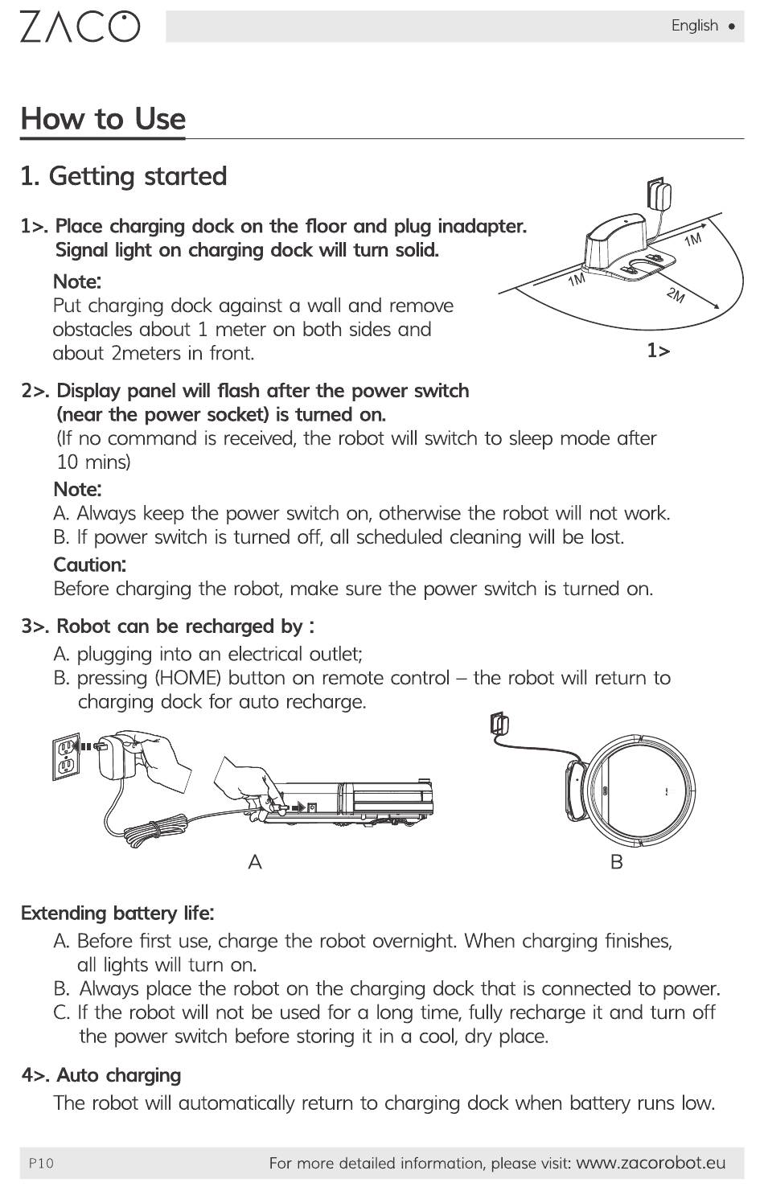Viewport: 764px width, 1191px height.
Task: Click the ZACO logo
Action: pos(80,27)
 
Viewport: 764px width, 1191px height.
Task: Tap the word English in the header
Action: pos(694,26)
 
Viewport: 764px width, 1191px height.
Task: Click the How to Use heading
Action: pos(103,118)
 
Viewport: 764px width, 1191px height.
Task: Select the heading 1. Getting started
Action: pos(124,176)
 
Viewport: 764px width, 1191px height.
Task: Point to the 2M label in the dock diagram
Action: pos(676,295)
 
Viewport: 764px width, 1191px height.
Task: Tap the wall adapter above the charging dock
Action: pos(659,194)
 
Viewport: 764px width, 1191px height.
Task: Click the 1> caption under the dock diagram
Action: pos(658,351)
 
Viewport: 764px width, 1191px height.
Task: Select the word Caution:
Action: pos(89,565)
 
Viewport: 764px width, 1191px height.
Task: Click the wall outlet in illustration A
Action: pos(65,756)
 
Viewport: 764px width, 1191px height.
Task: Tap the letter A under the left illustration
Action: pos(255,862)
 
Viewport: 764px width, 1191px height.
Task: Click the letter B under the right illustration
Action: pos(617,862)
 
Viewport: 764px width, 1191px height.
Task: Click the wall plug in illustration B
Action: pos(499,724)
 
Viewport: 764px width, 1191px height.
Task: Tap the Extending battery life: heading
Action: pos(117,914)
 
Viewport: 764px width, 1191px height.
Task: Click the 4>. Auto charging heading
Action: pos(101,1075)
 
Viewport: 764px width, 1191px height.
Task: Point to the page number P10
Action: pos(41,1163)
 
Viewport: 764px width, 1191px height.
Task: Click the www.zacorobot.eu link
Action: pos(651,1163)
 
